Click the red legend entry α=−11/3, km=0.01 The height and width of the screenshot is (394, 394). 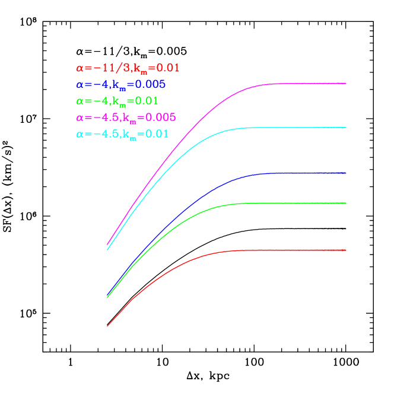click(128, 68)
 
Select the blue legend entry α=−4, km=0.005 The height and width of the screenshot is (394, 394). click(120, 84)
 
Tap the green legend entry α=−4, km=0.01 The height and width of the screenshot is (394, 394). click(117, 101)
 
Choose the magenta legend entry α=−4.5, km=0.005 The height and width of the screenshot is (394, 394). click(126, 117)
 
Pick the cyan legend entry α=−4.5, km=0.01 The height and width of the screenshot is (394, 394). click(122, 134)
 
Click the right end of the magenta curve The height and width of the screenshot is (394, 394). click(345, 84)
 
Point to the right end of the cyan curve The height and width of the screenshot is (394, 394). click(345, 128)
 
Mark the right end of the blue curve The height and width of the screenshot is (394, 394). click(345, 173)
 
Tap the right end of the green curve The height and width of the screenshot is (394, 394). click(345, 204)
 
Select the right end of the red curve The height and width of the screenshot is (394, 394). click(345, 250)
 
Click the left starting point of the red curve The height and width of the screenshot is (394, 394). click(107, 326)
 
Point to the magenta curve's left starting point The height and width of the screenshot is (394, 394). click(107, 244)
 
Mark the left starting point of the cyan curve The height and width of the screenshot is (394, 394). click(107, 249)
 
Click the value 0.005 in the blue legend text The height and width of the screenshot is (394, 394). click(151, 84)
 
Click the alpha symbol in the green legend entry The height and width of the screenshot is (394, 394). click(80, 101)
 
